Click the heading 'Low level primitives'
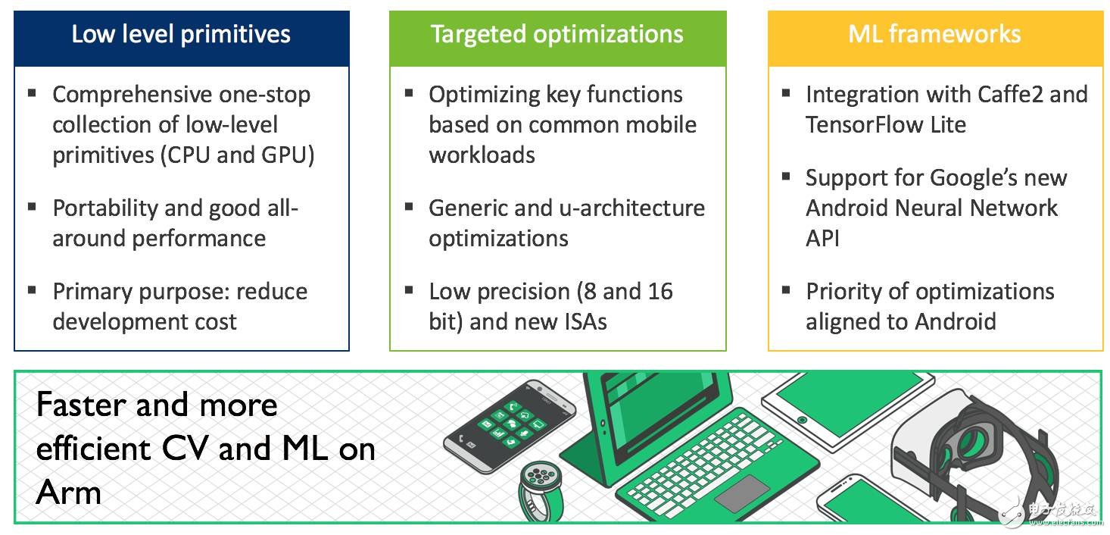tap(181, 34)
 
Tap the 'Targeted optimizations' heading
tap(557, 35)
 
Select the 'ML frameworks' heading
tap(934, 33)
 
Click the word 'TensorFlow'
tap(864, 124)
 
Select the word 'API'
tap(822, 239)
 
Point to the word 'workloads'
tap(482, 155)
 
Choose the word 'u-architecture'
tap(631, 208)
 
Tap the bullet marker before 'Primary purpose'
tap(33, 290)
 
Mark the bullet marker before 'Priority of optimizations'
tap(786, 290)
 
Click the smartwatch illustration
tap(541, 490)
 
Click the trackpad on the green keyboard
tap(741, 494)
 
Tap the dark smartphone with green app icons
tap(510, 426)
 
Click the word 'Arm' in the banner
tap(69, 493)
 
